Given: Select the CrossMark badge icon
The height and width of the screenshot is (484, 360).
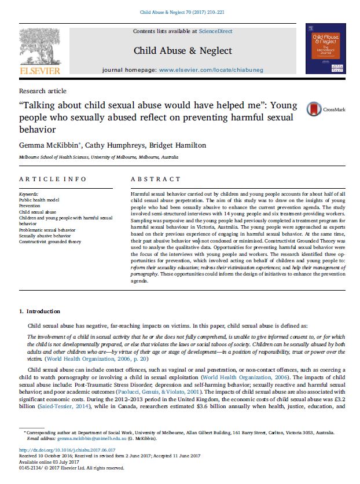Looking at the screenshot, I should pos(315,109).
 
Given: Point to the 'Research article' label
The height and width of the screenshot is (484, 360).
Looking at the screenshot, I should pos(43,91).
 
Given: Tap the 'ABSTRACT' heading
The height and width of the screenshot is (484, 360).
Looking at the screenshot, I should pos(156,179).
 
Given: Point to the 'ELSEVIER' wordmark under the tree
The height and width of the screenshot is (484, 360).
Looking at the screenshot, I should pos(39,71).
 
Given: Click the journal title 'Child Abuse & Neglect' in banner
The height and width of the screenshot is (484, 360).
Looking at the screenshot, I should pos(183,50).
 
